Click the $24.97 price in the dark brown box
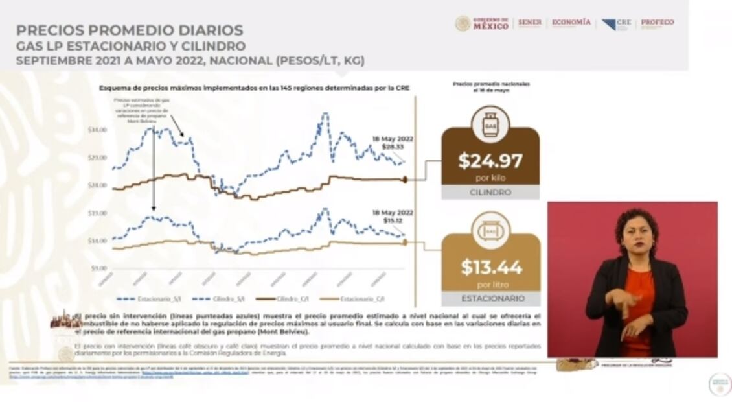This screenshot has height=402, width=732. (x=490, y=160)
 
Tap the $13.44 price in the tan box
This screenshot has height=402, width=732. (x=491, y=266)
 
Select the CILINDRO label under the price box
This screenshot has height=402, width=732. (x=490, y=193)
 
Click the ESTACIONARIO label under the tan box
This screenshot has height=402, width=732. (x=491, y=299)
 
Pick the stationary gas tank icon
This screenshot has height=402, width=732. (x=491, y=231)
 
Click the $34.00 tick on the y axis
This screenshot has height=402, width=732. (x=97, y=130)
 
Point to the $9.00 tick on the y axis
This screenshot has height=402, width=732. (x=98, y=268)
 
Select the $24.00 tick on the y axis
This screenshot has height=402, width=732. (x=97, y=185)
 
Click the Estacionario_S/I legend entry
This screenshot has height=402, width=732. (x=142, y=299)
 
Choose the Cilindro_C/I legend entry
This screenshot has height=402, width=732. (x=284, y=299)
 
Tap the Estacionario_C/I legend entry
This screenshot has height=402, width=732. (x=354, y=299)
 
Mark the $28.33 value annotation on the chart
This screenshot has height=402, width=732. (x=393, y=147)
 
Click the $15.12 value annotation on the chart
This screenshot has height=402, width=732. (x=393, y=220)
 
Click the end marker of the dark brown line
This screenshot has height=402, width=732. (x=405, y=180)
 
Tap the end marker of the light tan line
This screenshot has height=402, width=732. (x=405, y=242)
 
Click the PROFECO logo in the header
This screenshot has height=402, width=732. (x=657, y=23)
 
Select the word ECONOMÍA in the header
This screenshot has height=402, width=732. (x=571, y=23)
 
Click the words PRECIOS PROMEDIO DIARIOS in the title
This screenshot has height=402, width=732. (x=130, y=30)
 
